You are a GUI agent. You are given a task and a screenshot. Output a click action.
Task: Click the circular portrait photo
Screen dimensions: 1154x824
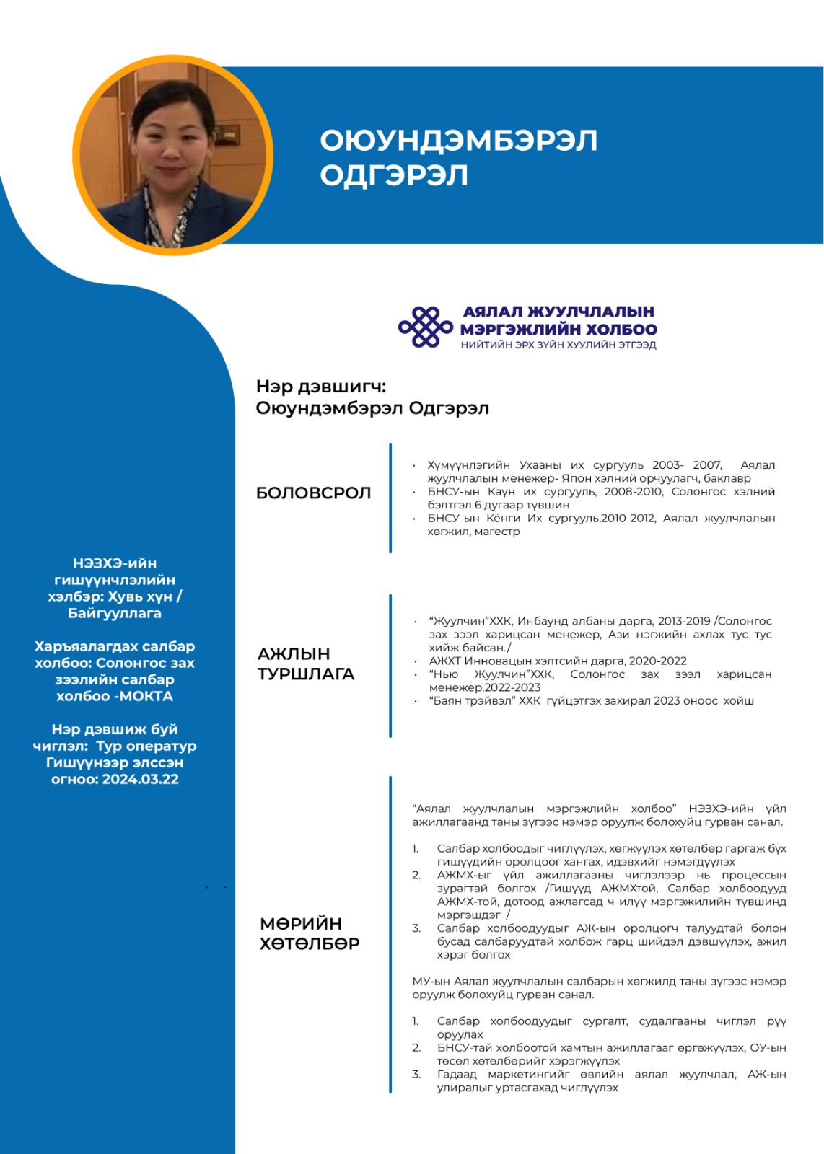pyautogui.click(x=173, y=155)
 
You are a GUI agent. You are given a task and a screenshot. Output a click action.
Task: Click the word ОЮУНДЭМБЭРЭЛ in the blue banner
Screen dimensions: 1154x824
pyautogui.click(x=458, y=141)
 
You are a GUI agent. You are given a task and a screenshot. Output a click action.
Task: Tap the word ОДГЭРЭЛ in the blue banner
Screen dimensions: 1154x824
pyautogui.click(x=394, y=175)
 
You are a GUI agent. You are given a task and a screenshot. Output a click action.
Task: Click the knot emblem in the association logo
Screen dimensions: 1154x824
pyautogui.click(x=426, y=327)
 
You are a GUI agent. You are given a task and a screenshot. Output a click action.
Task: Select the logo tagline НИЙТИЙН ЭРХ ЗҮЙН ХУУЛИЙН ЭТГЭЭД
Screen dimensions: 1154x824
pyautogui.click(x=558, y=345)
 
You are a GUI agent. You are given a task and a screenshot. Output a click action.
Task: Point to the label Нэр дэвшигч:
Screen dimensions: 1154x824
pyautogui.click(x=320, y=387)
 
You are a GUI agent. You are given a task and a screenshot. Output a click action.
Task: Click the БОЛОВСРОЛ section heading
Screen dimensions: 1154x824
pyautogui.click(x=313, y=493)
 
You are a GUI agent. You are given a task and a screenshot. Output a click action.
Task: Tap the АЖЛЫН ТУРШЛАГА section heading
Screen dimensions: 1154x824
pyautogui.click(x=306, y=664)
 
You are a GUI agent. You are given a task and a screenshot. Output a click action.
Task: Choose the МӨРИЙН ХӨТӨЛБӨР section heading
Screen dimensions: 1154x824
pyautogui.click(x=310, y=933)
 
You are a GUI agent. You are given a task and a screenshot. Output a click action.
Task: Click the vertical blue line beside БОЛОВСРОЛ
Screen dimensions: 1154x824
pyautogui.click(x=390, y=498)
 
